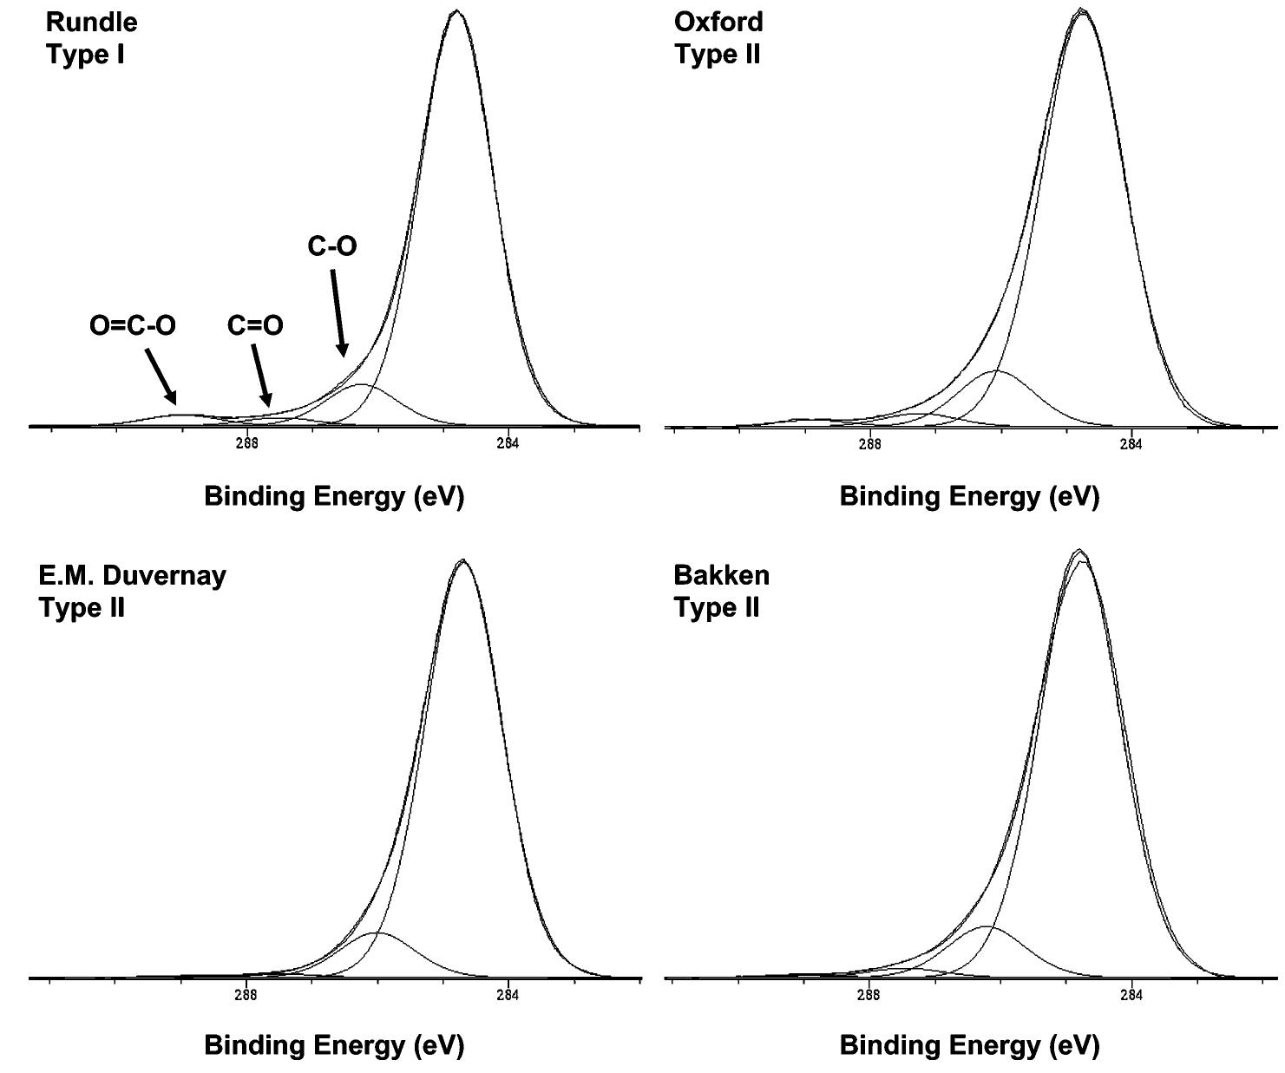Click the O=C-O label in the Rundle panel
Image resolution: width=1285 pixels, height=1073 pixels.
click(x=133, y=326)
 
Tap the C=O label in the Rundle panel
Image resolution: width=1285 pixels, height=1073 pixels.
click(x=255, y=326)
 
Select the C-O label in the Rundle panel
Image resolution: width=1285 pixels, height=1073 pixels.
click(x=331, y=246)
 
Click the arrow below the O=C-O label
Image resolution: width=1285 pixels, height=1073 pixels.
click(x=161, y=376)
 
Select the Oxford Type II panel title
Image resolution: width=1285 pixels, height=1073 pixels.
click(x=718, y=38)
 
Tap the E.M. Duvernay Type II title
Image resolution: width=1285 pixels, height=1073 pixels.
click(x=132, y=591)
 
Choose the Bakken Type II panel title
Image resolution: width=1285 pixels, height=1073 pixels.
click(x=721, y=591)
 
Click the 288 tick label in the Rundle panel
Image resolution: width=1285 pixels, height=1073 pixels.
click(x=247, y=444)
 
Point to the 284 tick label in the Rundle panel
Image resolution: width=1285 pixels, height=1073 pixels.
click(x=508, y=444)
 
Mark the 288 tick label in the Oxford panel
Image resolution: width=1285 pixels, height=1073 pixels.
click(x=869, y=445)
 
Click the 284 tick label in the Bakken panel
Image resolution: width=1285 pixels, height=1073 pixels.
click(x=1131, y=995)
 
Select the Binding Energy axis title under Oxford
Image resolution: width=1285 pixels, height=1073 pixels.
click(x=969, y=496)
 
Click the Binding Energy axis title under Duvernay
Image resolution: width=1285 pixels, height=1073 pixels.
click(x=334, y=1045)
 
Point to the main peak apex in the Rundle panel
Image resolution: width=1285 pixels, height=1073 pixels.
click(x=457, y=11)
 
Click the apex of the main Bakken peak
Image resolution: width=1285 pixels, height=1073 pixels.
click(x=1079, y=551)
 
